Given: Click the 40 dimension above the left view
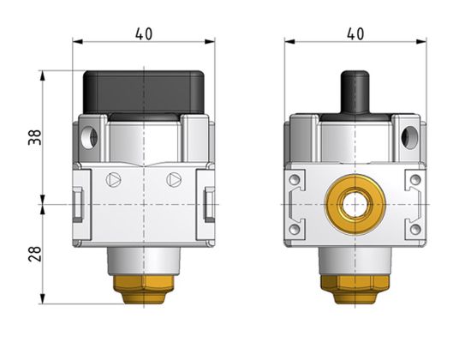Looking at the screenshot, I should pyautogui.click(x=144, y=34).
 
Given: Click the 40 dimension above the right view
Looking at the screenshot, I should pyautogui.click(x=355, y=34).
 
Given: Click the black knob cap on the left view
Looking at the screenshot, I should pyautogui.click(x=145, y=91).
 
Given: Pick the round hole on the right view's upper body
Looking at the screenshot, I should pyautogui.click(x=408, y=135).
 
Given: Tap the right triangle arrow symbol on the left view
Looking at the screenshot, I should pyautogui.click(x=174, y=181).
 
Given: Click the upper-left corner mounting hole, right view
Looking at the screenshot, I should pyautogui.click(x=295, y=180).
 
